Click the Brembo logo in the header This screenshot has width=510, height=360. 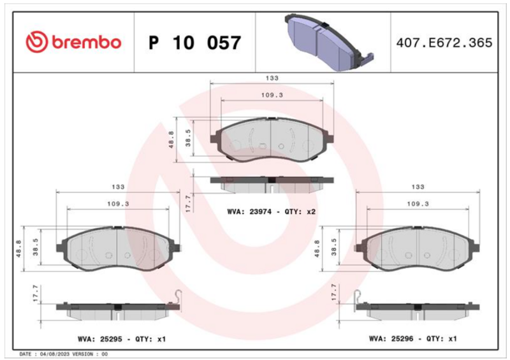point(73,42)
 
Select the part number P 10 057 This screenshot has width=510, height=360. point(194,43)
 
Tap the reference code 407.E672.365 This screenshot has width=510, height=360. point(444,43)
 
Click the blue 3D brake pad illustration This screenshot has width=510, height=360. point(329,41)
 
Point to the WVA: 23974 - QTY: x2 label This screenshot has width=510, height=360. point(272,212)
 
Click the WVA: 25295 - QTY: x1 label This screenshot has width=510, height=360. point(122,339)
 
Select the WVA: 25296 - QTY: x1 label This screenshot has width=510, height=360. point(412,339)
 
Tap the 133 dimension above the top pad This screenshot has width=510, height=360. point(272,78)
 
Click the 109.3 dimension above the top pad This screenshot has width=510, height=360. point(272,95)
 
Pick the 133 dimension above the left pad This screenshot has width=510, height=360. point(118,187)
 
